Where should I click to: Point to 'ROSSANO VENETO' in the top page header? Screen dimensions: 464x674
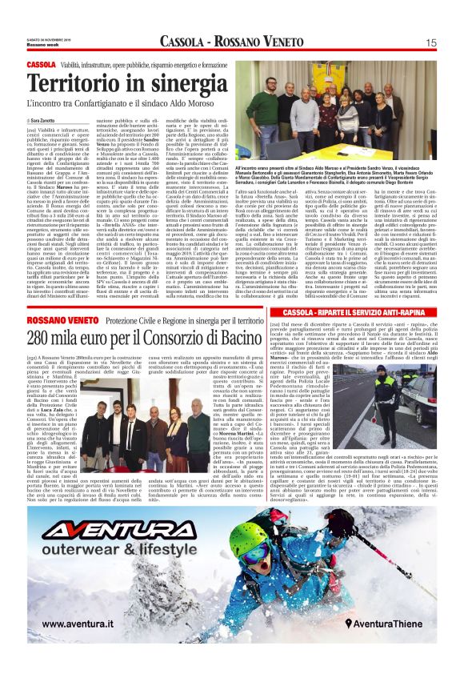[x=258, y=42]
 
